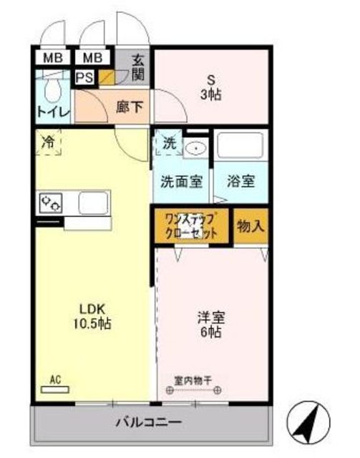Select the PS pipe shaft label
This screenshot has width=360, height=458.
click(84, 78)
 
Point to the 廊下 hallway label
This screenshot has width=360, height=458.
click(130, 107)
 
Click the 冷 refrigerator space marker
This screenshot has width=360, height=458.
click(48, 142)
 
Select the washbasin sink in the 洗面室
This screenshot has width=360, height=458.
click(196, 148)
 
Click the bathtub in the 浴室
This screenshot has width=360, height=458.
click(240, 145)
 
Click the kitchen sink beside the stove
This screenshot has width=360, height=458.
click(93, 203)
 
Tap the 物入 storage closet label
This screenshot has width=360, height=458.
click(251, 226)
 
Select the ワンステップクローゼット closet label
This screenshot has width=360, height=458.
click(191, 226)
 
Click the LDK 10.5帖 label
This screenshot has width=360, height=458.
click(92, 316)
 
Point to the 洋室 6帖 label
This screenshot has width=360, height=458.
click(211, 325)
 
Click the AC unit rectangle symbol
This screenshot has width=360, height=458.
click(55, 389)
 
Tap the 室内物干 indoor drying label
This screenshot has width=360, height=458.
click(193, 381)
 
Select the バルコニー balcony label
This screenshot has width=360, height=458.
click(149, 422)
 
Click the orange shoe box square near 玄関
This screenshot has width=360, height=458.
click(107, 77)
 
